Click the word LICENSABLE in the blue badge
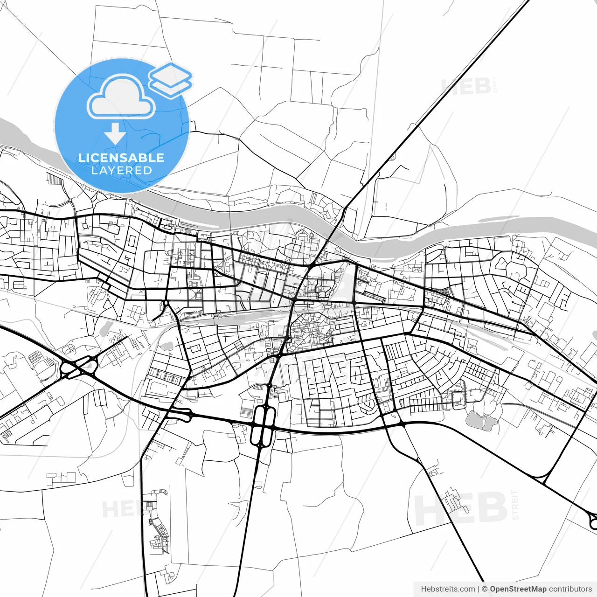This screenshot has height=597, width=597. [121, 158]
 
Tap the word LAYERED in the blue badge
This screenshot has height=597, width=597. [121, 170]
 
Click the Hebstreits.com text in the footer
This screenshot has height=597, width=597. [448, 589]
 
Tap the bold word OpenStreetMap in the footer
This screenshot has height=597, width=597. [518, 589]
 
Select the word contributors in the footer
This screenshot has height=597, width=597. [570, 589]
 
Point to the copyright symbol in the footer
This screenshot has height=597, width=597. [485, 589]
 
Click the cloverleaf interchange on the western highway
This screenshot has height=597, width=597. [78, 368]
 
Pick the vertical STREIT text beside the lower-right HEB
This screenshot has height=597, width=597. [515, 505]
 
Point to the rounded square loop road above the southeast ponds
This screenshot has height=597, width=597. [459, 399]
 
